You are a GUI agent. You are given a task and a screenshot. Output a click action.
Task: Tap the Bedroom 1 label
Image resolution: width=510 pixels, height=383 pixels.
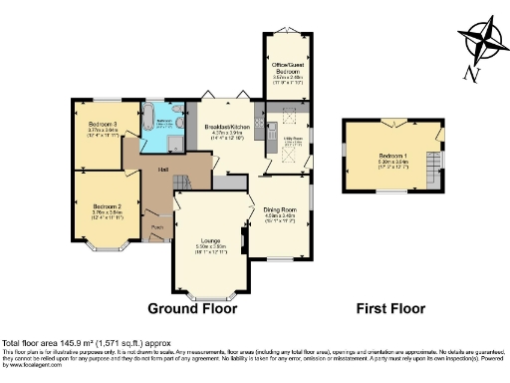click(391, 156)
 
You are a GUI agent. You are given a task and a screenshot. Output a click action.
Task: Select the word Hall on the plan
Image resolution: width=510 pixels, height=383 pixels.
click(161, 170)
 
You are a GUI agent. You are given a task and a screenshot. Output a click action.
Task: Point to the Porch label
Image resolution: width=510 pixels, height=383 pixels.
click(157, 227)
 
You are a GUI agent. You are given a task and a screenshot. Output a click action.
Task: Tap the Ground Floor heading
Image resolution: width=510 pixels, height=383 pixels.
click(193, 309)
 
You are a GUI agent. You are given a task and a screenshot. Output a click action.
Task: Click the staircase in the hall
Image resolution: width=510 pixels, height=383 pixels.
click(181, 183)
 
